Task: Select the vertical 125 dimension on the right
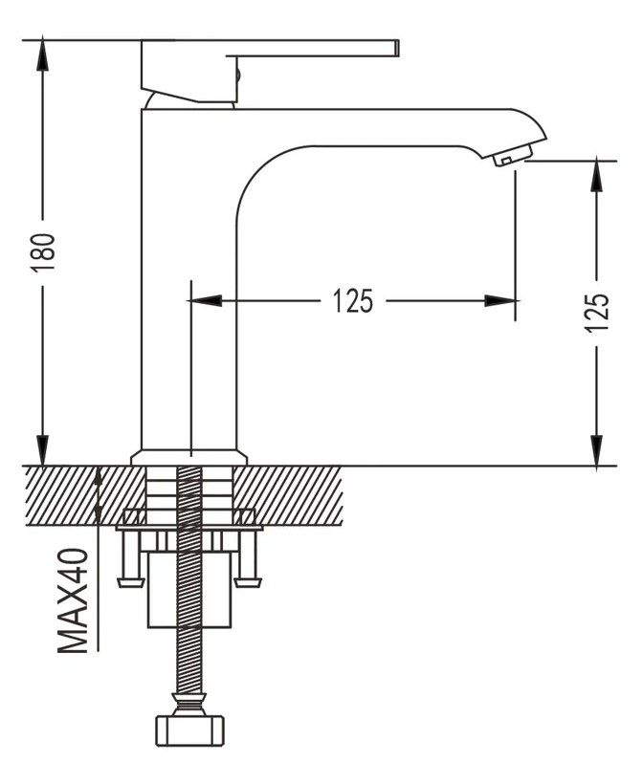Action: [597, 312]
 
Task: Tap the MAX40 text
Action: [74, 600]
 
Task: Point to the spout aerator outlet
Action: [513, 158]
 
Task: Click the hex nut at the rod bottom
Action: [190, 729]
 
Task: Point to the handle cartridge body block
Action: [188, 71]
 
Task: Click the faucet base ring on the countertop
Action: [188, 458]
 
